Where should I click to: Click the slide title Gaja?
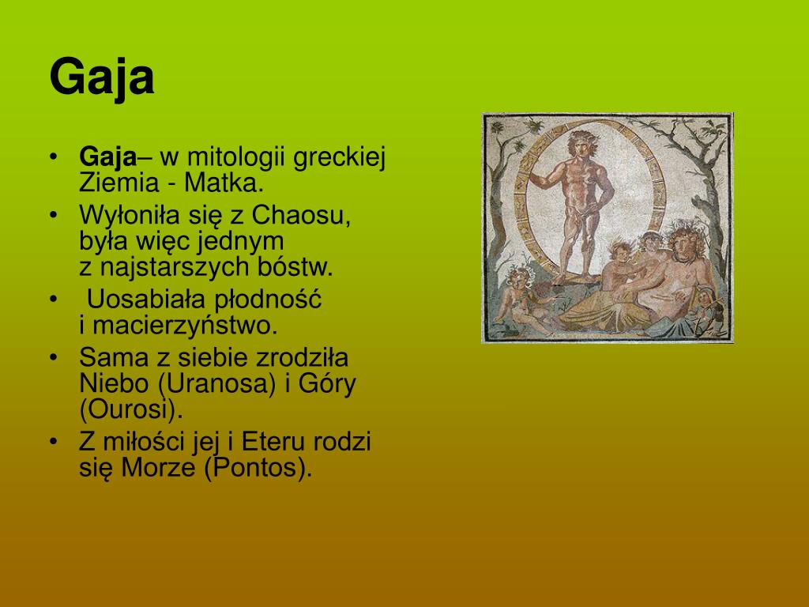pyautogui.click(x=101, y=77)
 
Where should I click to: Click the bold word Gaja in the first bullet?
pyautogui.click(x=107, y=158)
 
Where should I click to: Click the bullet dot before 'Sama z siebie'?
pyautogui.click(x=52, y=358)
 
